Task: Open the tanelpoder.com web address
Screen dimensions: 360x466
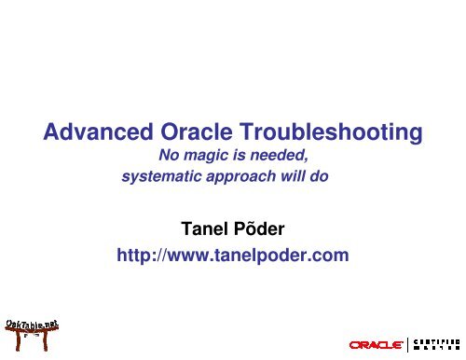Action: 231,253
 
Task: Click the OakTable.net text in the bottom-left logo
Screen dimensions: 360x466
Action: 31,322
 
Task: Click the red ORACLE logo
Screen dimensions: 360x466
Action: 376,344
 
